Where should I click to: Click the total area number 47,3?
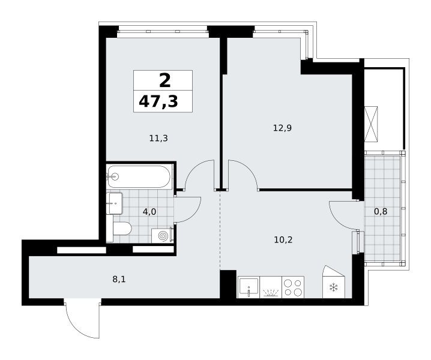(158, 101)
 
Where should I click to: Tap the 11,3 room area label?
(158, 138)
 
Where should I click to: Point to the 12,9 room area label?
(282, 128)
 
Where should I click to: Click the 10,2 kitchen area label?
(283, 240)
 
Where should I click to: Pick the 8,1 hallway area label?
(119, 280)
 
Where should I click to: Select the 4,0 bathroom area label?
(149, 212)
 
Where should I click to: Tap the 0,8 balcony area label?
(381, 211)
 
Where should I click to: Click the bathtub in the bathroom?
(139, 176)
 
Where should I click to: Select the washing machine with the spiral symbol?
(163, 236)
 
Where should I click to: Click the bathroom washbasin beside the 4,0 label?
(115, 203)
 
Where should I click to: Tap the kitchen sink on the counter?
(249, 287)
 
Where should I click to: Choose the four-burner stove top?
(293, 287)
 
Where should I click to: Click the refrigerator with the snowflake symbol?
(333, 285)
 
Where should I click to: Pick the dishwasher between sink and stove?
(271, 287)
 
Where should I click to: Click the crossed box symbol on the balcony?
(371, 124)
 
